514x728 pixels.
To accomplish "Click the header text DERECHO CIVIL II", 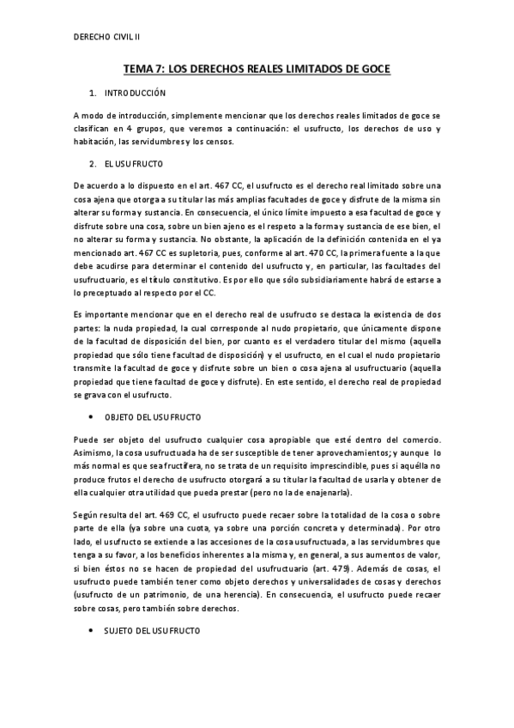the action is pyautogui.click(x=107, y=38).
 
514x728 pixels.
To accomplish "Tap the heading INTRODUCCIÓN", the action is pyautogui.click(x=135, y=93).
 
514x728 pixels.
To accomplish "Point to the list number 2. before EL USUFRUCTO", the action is pyautogui.click(x=93, y=162).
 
